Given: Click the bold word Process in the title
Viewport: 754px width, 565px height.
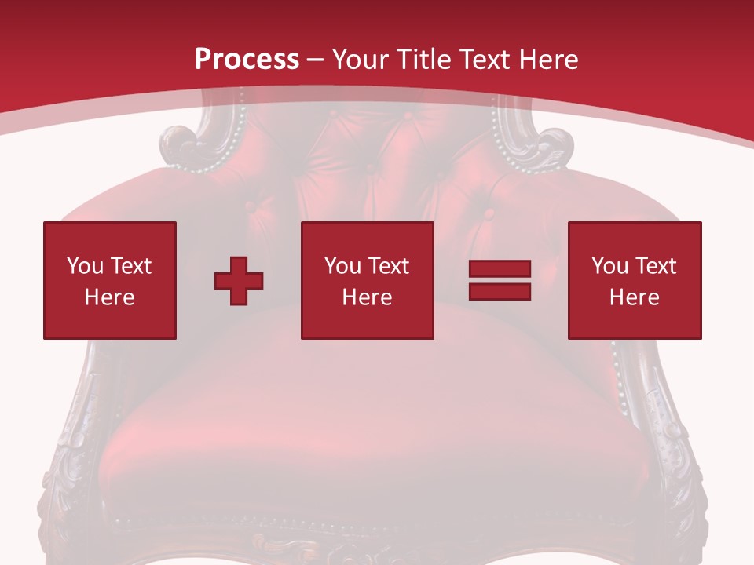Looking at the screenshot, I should [247, 60].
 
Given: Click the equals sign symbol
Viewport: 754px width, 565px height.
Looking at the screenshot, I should [500, 280].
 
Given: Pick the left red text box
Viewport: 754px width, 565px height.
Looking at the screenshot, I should [110, 280].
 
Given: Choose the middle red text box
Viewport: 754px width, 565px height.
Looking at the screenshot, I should [367, 280].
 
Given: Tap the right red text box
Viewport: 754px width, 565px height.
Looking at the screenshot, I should [634, 280].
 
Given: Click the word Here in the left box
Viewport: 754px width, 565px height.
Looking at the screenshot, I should [109, 297].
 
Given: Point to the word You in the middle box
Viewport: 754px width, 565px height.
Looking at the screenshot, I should [342, 266].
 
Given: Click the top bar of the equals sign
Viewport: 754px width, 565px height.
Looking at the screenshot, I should [500, 269].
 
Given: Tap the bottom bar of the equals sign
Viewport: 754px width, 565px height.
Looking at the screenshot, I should [500, 291].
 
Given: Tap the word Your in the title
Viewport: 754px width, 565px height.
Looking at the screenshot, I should [361, 60].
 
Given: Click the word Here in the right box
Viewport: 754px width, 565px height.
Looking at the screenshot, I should [634, 297].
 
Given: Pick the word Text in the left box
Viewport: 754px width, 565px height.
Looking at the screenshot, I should [130, 266].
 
